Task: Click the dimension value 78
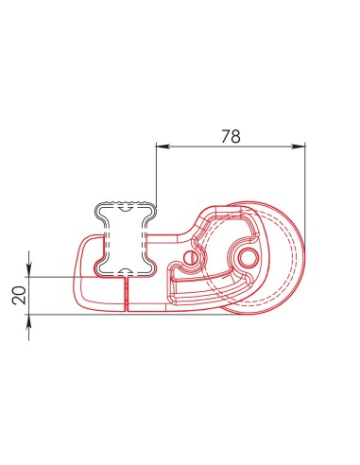click(230, 136)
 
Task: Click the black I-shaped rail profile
click(124, 237)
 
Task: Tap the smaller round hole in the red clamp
click(193, 256)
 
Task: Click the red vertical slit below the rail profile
click(125, 293)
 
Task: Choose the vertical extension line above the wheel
click(307, 189)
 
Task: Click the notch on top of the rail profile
click(124, 203)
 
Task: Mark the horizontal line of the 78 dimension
click(231, 146)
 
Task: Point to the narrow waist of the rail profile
click(124, 236)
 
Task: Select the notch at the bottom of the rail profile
click(124, 271)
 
